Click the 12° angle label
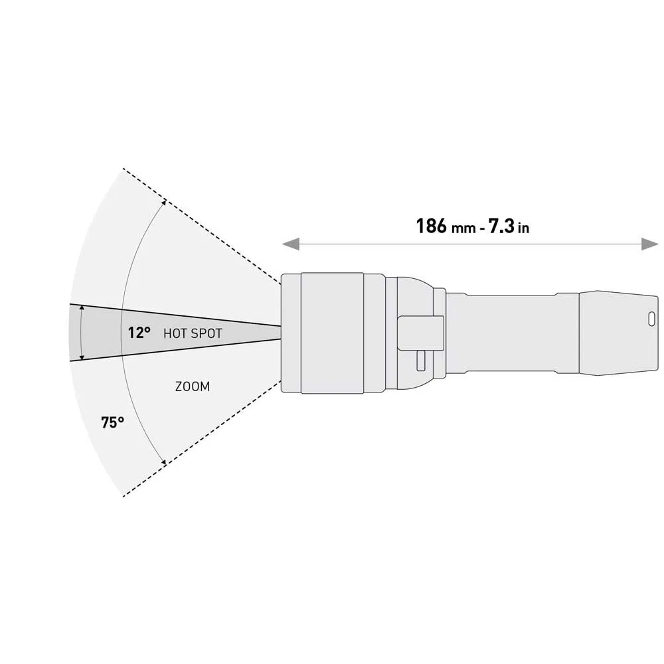[139, 333]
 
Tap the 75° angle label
[113, 422]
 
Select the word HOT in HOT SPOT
[173, 334]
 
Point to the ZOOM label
[193, 386]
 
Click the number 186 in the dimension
[432, 226]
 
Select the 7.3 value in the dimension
[501, 226]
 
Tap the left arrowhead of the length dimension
[291, 244]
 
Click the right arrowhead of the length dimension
[650, 244]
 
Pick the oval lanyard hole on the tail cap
[652, 319]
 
